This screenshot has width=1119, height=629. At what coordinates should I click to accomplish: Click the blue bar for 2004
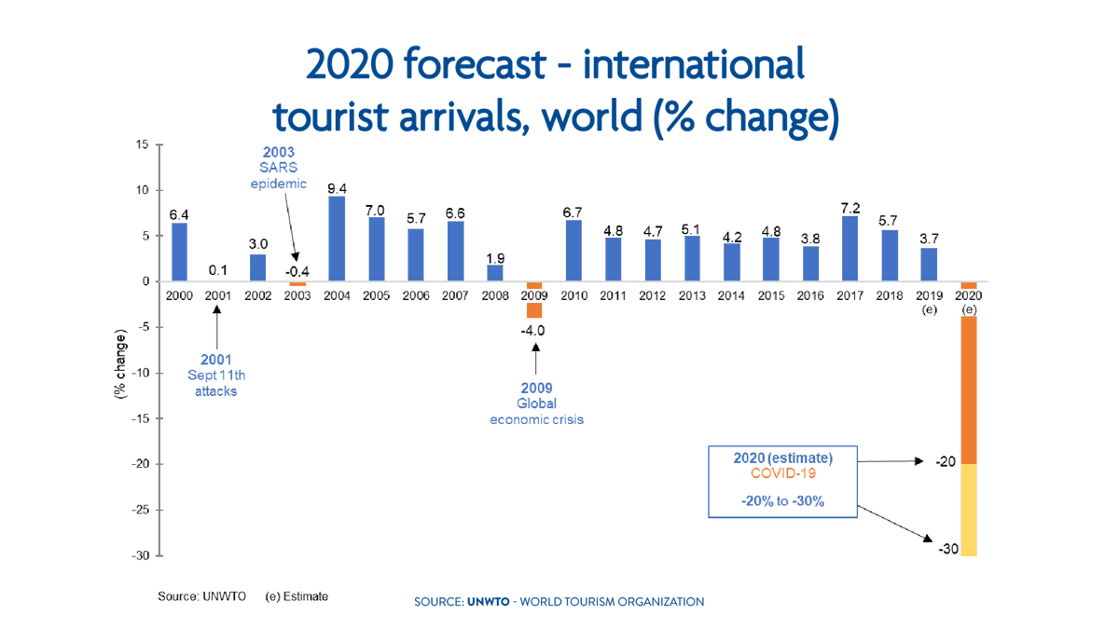click(337, 239)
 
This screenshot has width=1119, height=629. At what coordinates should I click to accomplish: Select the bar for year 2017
click(850, 249)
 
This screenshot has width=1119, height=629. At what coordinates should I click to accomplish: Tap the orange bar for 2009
click(534, 309)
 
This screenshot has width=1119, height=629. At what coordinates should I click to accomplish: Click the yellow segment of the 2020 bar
click(969, 510)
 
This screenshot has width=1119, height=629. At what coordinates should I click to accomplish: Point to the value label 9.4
click(338, 188)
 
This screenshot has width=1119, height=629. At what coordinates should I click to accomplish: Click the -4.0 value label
click(533, 331)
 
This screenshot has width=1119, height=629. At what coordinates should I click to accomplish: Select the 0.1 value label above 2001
click(218, 269)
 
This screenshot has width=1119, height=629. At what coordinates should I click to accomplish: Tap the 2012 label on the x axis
click(652, 296)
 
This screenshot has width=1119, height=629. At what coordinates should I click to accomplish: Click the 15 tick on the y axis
click(142, 145)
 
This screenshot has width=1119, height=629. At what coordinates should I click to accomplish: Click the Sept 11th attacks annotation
click(216, 375)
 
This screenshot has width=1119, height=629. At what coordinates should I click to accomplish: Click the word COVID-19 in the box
click(782, 473)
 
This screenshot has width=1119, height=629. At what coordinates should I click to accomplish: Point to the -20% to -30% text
click(782, 501)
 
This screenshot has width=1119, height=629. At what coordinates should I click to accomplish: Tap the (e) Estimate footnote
click(296, 595)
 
